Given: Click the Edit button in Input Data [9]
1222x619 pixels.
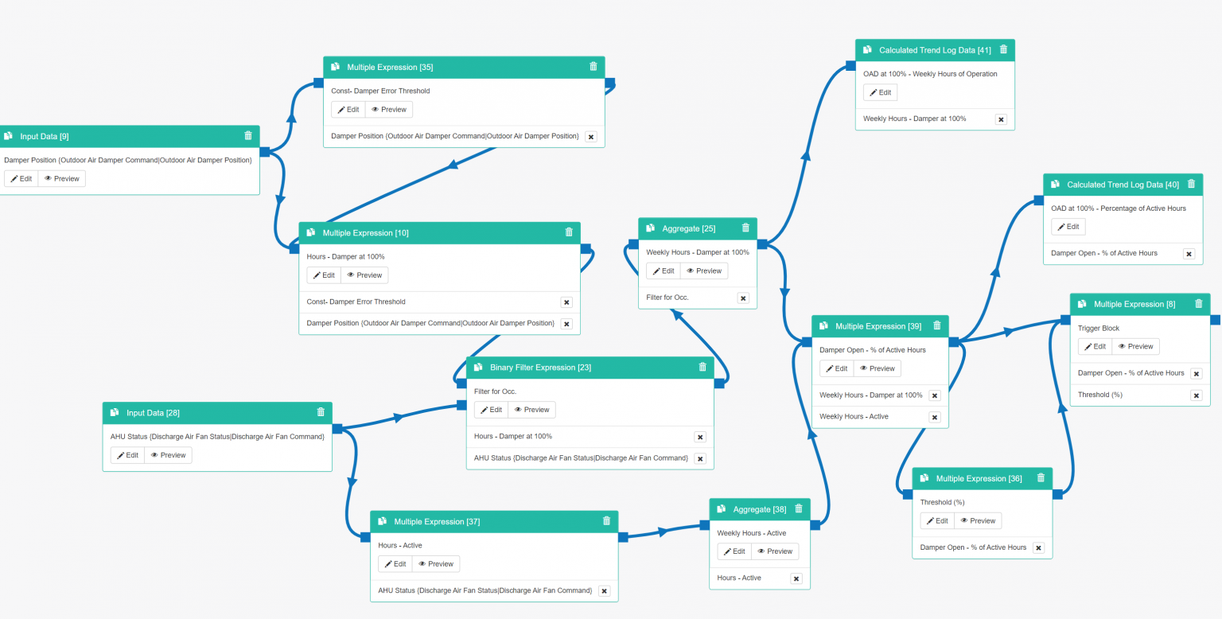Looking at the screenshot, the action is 21,179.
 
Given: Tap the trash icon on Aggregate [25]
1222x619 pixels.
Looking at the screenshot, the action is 745,228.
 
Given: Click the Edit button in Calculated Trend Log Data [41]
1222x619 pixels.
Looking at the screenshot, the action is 880,93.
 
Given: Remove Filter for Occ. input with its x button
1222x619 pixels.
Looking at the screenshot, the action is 743,298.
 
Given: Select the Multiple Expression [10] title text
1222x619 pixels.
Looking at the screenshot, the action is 365,233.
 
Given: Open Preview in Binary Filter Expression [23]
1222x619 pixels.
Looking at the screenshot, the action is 532,410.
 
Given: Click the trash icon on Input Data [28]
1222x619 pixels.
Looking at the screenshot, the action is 321,412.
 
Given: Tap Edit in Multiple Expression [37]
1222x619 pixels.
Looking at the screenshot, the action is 395,564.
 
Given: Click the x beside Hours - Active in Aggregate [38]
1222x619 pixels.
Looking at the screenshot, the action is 796,578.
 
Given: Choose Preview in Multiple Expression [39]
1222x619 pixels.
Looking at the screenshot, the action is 878,368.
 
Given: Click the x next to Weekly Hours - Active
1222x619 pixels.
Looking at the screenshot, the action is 935,417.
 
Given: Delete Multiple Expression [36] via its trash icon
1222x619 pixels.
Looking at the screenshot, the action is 1041,477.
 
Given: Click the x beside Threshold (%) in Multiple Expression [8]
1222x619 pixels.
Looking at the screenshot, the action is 1197,395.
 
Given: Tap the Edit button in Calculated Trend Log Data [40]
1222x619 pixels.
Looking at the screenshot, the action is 1068,227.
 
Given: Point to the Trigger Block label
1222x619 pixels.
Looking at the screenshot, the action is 1099,329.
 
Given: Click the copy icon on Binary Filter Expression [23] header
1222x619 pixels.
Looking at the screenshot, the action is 478,367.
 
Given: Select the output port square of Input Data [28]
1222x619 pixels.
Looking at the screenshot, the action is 337,429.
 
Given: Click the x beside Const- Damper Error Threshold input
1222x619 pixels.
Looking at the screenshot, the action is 566,302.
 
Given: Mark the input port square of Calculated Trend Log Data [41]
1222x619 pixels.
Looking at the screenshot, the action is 850,66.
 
